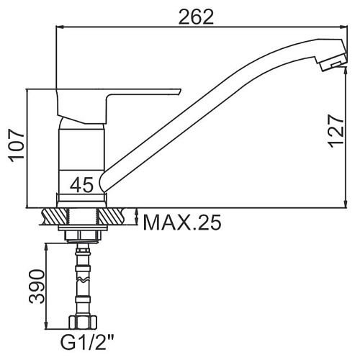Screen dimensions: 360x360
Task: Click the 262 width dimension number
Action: [196, 17]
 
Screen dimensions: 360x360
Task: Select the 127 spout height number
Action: [336, 131]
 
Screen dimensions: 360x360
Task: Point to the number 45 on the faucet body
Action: [81, 185]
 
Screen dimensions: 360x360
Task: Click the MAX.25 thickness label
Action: [182, 222]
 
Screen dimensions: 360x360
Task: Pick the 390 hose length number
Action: [37, 287]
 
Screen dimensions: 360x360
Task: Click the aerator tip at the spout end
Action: [332, 63]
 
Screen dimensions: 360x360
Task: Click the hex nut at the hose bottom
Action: [83, 322]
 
